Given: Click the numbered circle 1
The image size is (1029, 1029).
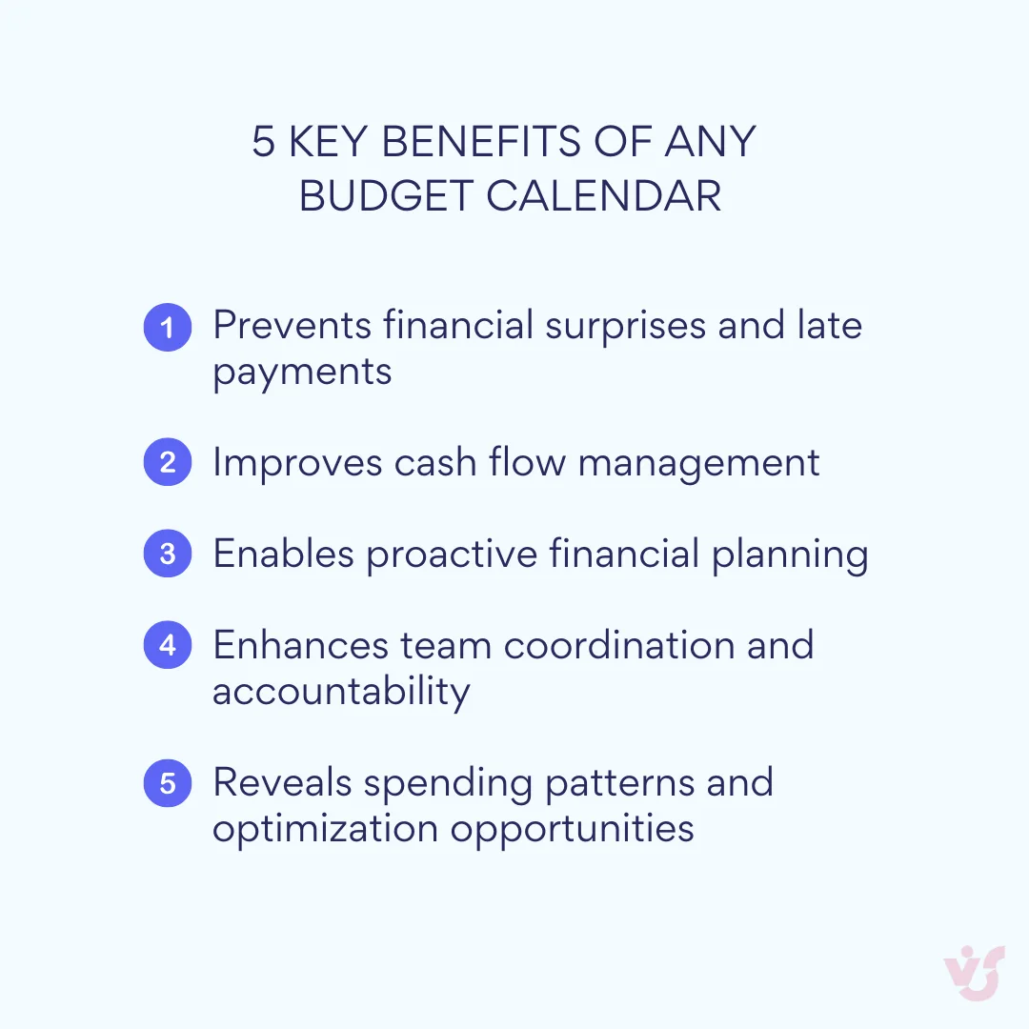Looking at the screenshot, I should tap(168, 327).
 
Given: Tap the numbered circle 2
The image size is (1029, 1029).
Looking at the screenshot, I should tap(168, 463).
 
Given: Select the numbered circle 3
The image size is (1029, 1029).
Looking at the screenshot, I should tap(168, 554).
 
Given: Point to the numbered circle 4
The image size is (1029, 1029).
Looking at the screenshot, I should tap(168, 645).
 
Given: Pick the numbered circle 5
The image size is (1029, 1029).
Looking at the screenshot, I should tap(168, 783).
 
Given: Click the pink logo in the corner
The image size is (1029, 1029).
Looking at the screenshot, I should tap(974, 973).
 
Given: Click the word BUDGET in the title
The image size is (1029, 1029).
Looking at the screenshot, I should tap(387, 196).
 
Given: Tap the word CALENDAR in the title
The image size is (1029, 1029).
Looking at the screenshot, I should tap(604, 196).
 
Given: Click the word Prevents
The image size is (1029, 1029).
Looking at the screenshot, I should tap(292, 326).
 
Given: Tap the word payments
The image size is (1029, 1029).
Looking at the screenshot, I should tap(302, 372).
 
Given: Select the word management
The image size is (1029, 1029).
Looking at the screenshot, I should tap(698, 464).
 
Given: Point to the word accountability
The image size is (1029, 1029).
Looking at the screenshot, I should tap(341, 691).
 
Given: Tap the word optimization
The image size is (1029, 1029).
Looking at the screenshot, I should tap(326, 828).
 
